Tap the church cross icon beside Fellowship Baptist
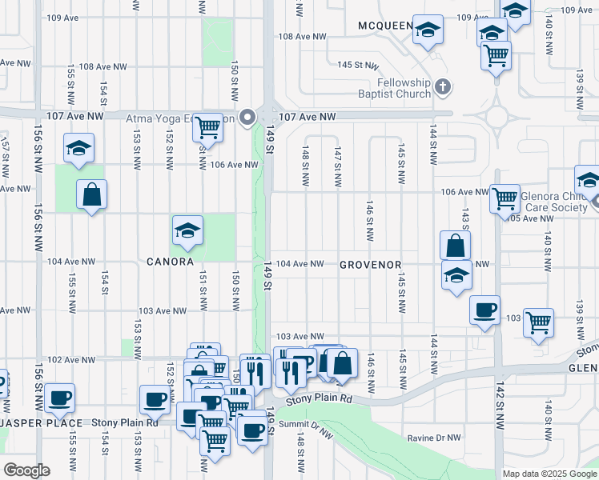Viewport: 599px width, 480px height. pos(444,86)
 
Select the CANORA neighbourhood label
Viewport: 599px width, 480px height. pos(170,262)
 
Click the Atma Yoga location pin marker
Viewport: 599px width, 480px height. pos(247,118)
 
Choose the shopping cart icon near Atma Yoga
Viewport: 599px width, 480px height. pos(208,127)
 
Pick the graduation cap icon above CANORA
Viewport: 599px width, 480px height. pos(187,231)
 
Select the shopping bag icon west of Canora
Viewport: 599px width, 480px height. pos(92,194)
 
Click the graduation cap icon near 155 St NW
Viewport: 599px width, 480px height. pos(78,148)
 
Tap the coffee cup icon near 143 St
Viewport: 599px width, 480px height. pos(484,310)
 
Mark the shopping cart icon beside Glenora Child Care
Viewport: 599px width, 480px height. pos(505,197)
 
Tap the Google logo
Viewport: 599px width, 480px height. pos(26,470)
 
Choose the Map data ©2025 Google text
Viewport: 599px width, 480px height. pos(549,474)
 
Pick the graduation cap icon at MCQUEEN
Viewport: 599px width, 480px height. pos(428,30)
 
